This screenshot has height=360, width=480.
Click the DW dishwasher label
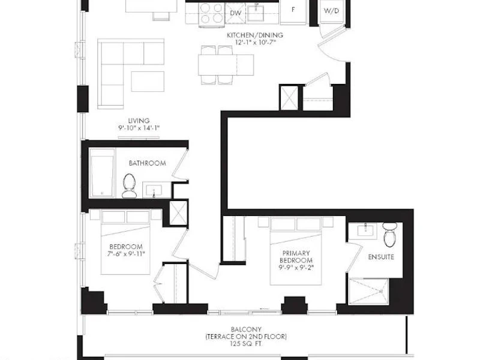coord(235,13)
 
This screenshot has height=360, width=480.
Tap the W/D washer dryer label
coord(332,11)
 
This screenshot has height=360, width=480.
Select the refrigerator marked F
coord(293,12)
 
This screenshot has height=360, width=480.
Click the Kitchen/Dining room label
coord(255,35)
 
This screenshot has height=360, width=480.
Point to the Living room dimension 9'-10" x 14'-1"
coord(139,128)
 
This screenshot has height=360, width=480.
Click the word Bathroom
coord(147,163)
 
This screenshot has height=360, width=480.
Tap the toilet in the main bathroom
coord(129,186)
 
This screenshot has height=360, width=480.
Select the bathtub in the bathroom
coord(102,173)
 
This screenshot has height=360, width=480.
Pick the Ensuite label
coord(381,257)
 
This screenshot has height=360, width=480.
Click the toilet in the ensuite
coord(389,234)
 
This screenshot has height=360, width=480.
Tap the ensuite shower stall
coord(369,291)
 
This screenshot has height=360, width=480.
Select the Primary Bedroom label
coord(296,257)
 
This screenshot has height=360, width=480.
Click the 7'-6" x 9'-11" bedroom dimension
coord(126,254)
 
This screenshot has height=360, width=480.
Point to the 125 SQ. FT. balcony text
coord(247,344)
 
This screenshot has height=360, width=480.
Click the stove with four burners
coord(212,14)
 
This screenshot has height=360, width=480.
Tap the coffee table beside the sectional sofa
coord(148,82)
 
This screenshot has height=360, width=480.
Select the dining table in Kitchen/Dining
coord(226,65)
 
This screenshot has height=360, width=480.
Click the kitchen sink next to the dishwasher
coord(256,12)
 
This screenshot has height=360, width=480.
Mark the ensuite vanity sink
coord(365,229)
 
